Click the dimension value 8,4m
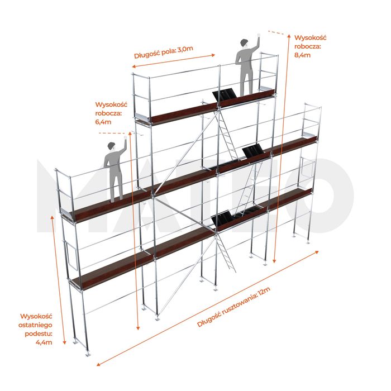[x=302, y=55]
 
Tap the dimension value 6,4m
[x=103, y=122]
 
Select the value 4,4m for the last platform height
[x=44, y=342]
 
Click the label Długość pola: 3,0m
[x=164, y=52]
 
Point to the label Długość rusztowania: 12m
[x=233, y=307]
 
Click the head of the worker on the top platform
[x=244, y=43]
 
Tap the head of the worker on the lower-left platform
[x=112, y=146]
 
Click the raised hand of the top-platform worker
[x=259, y=35]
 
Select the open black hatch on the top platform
[x=225, y=95]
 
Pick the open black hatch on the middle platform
[x=253, y=151]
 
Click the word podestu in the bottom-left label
[x=39, y=333]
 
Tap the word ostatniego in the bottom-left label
[x=35, y=325]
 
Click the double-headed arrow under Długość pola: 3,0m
[x=173, y=60]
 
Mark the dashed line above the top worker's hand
[x=276, y=32]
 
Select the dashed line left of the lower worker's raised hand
[x=112, y=133]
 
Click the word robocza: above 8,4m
[x=307, y=46]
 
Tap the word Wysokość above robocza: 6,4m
[x=111, y=104]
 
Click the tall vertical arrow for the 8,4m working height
[x=282, y=149]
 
